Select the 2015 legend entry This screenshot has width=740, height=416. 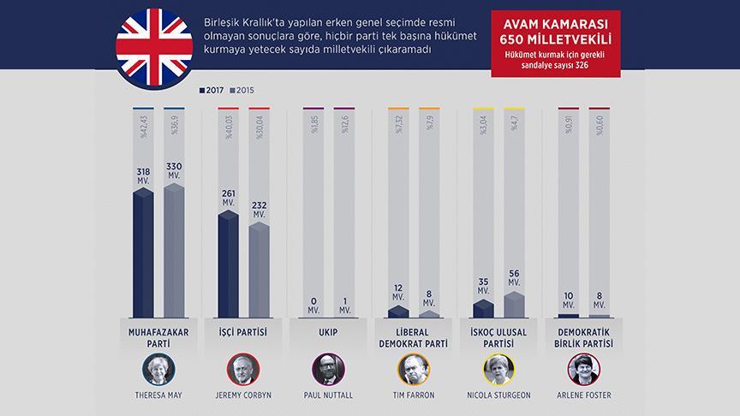click(247, 89)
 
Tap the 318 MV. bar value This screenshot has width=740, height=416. click(143, 175)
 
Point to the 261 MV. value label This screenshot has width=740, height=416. click(228, 197)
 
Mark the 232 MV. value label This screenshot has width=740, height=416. click(259, 210)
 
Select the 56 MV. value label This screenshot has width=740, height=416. click(514, 278)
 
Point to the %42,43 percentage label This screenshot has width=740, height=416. click(142, 128)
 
